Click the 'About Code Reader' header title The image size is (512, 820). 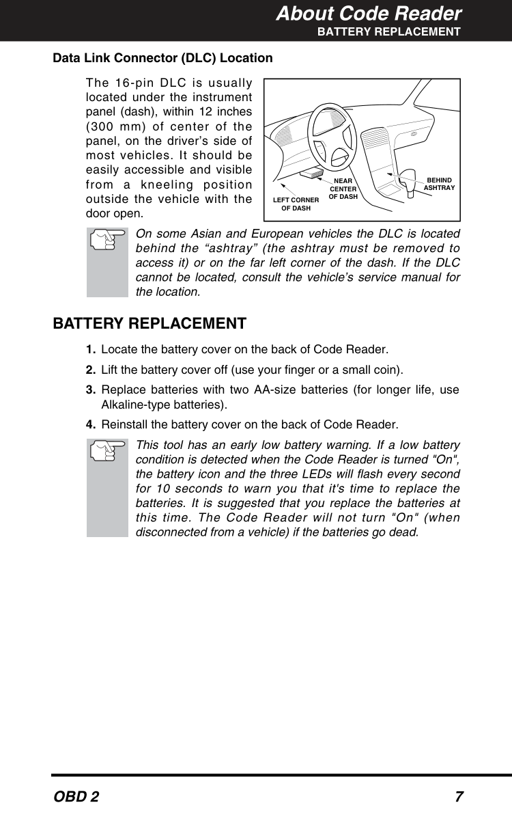369,14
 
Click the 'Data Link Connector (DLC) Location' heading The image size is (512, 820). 162,58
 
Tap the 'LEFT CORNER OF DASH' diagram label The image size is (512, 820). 296,204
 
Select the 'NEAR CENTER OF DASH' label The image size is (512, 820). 343,189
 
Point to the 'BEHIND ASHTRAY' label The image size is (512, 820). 439,184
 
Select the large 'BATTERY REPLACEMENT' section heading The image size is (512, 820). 150,323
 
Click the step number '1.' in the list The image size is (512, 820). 91,351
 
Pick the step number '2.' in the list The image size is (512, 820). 91,370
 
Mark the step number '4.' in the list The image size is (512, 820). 91,425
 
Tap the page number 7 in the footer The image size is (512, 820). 459,797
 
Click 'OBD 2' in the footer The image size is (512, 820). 76,797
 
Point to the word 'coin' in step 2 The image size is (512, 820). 388,370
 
